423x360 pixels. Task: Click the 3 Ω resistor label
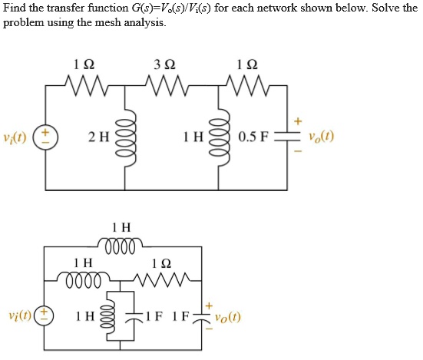[x=164, y=64]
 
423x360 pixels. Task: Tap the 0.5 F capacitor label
[x=253, y=137]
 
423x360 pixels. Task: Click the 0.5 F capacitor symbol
[x=287, y=137]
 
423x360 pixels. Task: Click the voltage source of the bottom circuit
[x=45, y=316]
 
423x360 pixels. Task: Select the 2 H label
[x=99, y=137]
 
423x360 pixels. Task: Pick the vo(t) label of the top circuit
[x=322, y=137]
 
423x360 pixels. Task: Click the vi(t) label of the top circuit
[x=15, y=138]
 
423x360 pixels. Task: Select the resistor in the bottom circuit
[x=162, y=280]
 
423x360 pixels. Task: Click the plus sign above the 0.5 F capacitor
[x=298, y=121]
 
